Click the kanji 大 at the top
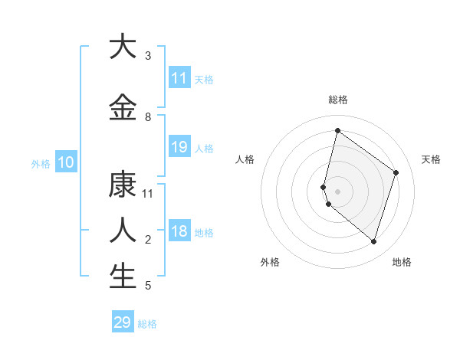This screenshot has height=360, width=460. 123,47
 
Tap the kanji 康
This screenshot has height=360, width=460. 123,185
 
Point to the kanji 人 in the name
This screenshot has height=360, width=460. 123,231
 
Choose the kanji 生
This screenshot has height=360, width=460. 123,277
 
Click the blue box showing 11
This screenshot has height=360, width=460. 179,78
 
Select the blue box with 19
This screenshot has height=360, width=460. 179,147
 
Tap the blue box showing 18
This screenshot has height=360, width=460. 179,231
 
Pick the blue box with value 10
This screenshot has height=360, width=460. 66,162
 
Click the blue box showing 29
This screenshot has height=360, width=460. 123,322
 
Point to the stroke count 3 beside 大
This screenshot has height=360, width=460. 148,56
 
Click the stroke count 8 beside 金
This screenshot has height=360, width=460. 148,117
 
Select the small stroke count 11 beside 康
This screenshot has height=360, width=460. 149,194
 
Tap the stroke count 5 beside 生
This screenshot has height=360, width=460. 148,286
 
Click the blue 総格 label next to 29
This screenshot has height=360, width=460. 147,324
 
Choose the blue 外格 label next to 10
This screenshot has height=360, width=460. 41,164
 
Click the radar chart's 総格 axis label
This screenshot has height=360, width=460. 338,100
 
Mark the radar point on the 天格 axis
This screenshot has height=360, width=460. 396,172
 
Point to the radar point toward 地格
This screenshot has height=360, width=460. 374,242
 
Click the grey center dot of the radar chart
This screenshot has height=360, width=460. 338,191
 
